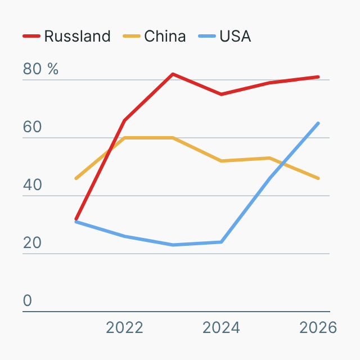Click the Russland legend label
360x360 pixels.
77,37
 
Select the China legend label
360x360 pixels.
165,37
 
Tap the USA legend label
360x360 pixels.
235,37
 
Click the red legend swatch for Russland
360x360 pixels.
31,37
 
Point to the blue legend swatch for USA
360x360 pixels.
207,37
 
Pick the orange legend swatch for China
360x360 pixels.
132,37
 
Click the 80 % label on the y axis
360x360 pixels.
40,69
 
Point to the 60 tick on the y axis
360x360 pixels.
33,127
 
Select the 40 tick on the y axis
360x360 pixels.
33,185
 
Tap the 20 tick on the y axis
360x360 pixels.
33,243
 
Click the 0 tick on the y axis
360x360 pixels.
28,301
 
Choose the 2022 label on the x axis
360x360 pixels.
124,327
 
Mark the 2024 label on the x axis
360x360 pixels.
221,327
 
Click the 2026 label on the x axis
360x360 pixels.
318,327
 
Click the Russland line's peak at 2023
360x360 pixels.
173,74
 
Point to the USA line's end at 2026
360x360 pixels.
318,123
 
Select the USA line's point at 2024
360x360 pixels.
222,242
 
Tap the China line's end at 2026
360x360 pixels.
318,178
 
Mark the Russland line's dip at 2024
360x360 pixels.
222,94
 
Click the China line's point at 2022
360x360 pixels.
124,137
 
